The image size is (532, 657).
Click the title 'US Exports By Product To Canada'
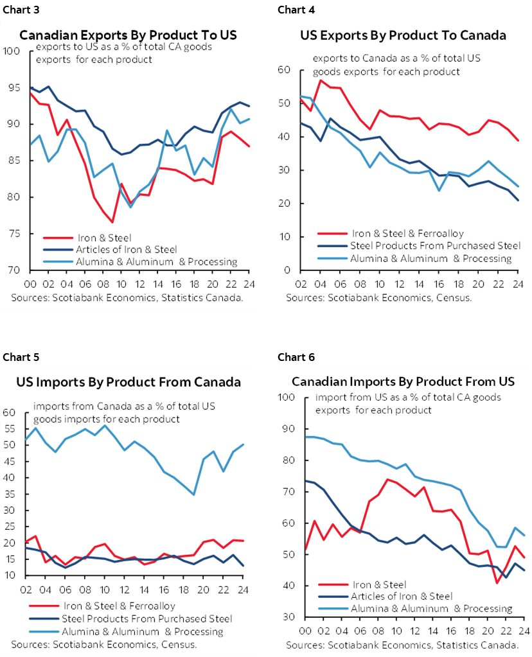[403, 35]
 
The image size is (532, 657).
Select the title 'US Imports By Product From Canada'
[129, 382]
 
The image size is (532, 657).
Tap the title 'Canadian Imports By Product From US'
[403, 382]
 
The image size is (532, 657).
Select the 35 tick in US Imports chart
[11, 494]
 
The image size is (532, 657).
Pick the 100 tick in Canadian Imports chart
[285, 398]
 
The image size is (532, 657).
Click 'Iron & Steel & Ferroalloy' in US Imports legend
[120, 606]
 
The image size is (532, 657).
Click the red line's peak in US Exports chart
[321, 80]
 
